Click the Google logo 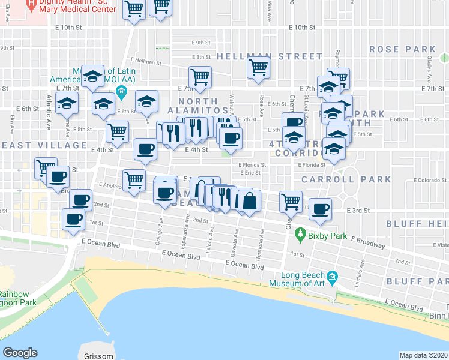[x=20, y=353]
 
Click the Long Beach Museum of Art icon [x=334, y=278]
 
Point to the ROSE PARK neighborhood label [x=402, y=49]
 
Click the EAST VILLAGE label [x=43, y=145]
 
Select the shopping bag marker [x=249, y=201]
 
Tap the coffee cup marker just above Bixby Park [x=321, y=208]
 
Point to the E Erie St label [x=249, y=173]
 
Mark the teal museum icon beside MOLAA [x=122, y=91]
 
